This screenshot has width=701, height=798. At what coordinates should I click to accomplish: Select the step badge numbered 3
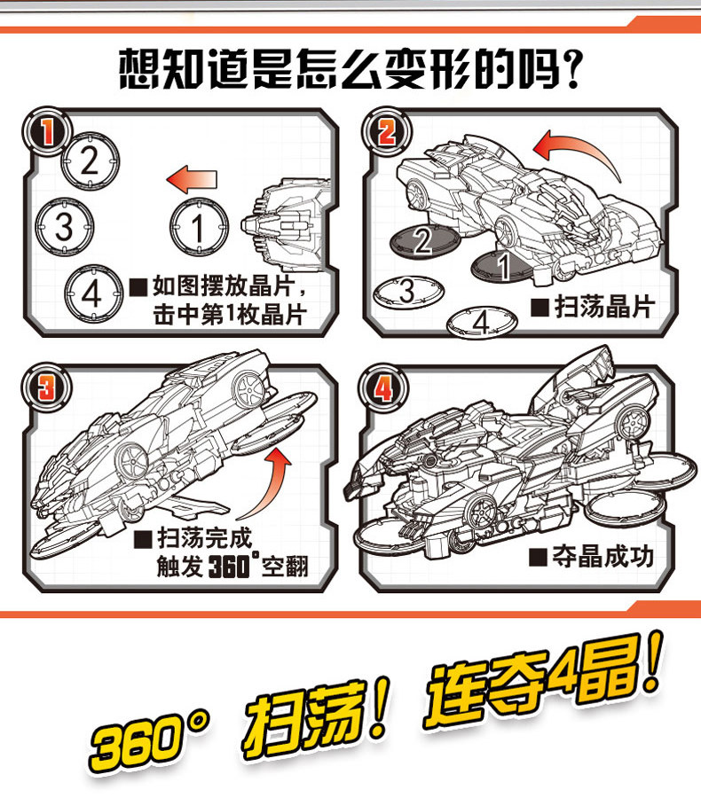(x=44, y=387)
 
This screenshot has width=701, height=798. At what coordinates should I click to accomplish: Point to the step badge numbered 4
(x=384, y=387)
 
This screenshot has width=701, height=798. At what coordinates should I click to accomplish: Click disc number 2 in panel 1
(x=91, y=160)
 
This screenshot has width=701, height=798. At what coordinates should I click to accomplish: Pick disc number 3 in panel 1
(x=63, y=227)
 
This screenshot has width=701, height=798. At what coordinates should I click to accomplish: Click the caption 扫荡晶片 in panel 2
(x=592, y=308)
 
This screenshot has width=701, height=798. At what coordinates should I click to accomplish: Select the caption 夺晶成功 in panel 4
(x=590, y=558)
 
